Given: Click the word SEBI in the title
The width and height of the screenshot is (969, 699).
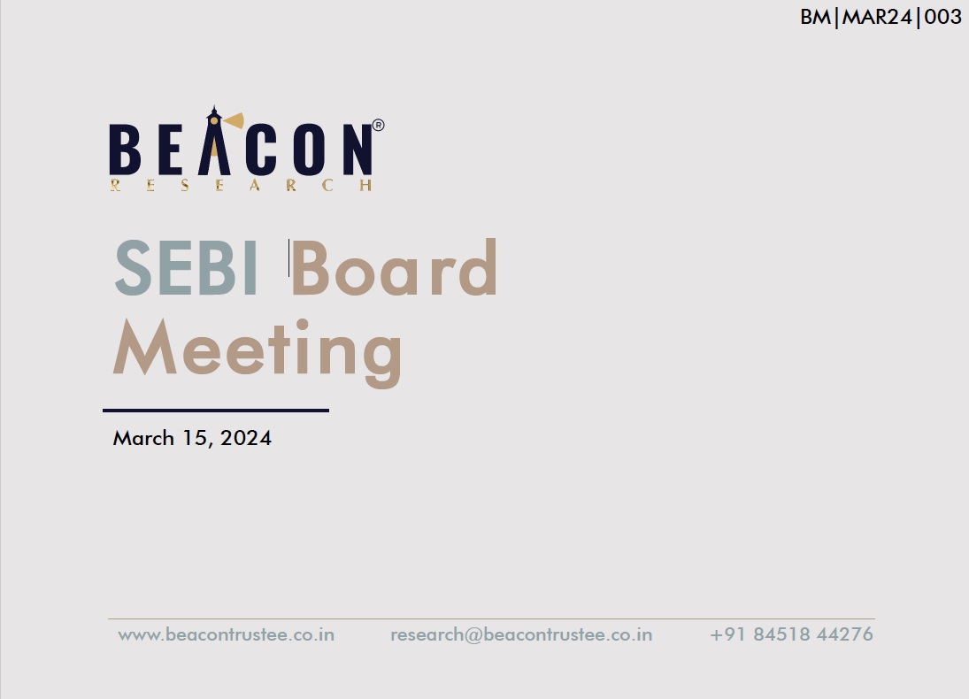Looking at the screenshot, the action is coord(186,268).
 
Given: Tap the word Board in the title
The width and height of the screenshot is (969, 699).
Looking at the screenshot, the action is coord(395,267).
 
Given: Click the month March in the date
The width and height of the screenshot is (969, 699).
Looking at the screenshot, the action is coord(143,438).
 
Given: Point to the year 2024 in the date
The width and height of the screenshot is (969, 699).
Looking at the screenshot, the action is coord(246,438).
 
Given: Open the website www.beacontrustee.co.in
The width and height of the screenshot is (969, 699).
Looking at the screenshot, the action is coord(227,634).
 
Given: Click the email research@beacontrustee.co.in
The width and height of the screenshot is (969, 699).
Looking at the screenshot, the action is coord(521,634).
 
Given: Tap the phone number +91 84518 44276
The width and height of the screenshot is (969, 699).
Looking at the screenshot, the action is coord(792,634).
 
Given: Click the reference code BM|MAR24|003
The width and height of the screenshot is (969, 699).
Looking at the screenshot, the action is coord(881,17).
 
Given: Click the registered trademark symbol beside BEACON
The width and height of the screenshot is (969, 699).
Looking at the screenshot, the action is coord(378,126).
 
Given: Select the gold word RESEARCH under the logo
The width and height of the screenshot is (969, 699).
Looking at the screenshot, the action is coord(241,185).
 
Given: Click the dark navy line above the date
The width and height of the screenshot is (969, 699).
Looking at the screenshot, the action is coord(216,410).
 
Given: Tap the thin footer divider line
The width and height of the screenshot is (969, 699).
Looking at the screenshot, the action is coord(491,618).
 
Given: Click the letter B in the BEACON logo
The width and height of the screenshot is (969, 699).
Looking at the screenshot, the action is coord(125,150).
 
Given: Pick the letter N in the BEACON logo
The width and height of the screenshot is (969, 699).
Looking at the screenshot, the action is coord(358,150).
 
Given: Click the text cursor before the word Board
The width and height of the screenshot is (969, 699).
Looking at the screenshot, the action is coord(288,257).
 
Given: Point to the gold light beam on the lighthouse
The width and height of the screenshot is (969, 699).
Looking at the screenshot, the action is coord(235,120).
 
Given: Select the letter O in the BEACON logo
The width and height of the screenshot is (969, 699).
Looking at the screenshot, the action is coord(309,150).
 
